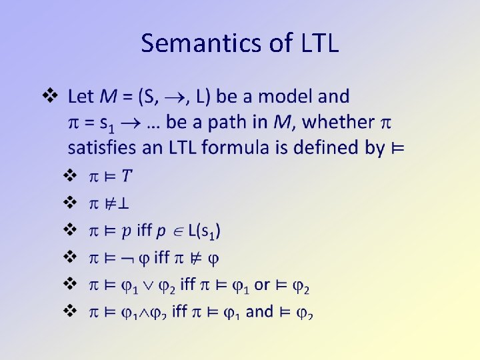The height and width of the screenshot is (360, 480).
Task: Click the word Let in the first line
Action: (81, 97)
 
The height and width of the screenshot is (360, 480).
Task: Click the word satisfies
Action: (104, 147)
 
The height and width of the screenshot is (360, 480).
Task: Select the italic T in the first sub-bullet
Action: (127, 176)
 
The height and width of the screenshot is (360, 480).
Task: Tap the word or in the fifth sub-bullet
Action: (262, 285)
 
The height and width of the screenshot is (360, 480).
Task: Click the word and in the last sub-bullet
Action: (260, 311)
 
